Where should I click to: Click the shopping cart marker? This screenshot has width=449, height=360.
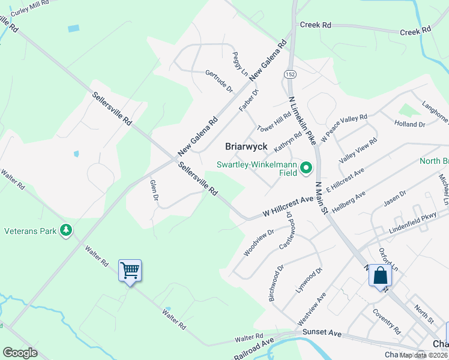(130, 271)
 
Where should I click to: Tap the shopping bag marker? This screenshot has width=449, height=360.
(380, 276)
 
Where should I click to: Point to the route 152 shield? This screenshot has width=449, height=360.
(291, 74)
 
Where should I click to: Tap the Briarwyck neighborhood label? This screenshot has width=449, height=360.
(246, 146)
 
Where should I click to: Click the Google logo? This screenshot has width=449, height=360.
(20, 353)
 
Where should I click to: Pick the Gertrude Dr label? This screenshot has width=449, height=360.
(218, 81)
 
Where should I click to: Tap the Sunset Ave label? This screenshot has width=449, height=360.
(321, 333)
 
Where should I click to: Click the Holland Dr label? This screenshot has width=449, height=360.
(409, 124)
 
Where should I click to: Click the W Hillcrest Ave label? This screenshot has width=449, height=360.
(288, 206)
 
